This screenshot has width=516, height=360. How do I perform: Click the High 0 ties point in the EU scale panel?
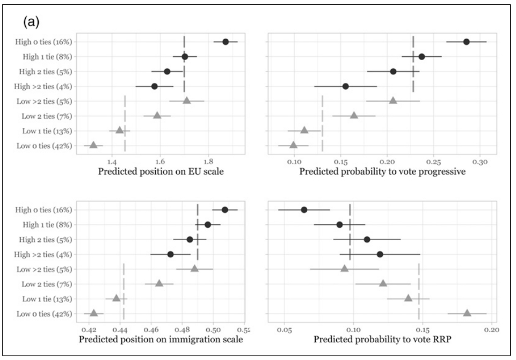point(226,42)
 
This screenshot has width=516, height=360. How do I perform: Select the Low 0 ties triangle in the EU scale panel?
point(93,145)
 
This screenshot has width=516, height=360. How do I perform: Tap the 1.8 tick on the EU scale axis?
point(208,161)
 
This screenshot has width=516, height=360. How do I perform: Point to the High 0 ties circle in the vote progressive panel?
point(467,42)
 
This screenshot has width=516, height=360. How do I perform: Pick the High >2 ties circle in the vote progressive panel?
point(345,86)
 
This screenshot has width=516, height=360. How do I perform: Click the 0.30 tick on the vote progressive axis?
point(480,161)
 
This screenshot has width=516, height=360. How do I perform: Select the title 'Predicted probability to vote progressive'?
point(382,172)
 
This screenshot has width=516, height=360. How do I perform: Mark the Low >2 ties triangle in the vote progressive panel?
point(393,100)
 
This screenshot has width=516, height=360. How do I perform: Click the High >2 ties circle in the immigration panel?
point(170,254)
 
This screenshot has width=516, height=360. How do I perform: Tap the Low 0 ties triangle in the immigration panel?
point(93,313)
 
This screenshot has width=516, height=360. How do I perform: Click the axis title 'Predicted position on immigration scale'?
point(161,340)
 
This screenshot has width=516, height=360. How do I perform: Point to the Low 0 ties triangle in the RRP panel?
point(467,313)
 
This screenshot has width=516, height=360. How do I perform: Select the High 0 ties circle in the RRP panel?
point(304,210)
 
